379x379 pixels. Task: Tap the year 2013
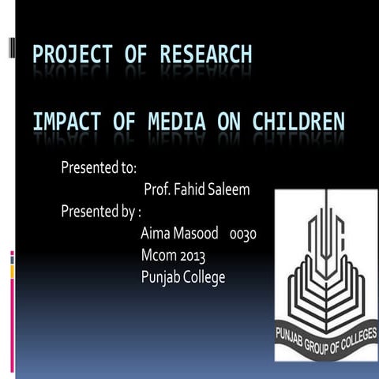click(x=193, y=256)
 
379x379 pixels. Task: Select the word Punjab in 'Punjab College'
click(x=160, y=278)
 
